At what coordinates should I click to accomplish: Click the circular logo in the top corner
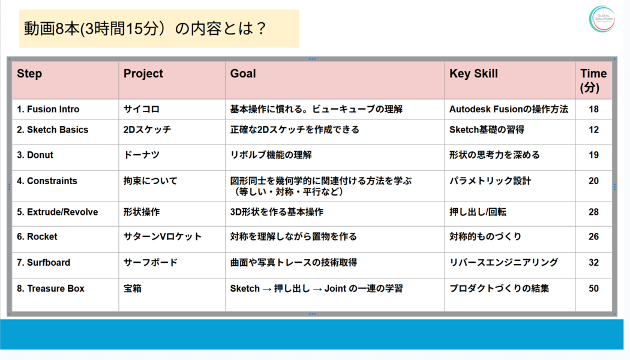(x=602, y=19)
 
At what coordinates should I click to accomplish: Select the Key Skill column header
(x=473, y=74)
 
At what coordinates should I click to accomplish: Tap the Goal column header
(x=242, y=74)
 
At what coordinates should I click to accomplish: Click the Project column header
(x=143, y=74)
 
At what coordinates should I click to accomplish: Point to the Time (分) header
(x=593, y=80)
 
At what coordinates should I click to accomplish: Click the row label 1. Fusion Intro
(x=48, y=109)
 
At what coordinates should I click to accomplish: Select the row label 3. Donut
(x=35, y=155)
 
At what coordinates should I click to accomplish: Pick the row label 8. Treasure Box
(x=50, y=289)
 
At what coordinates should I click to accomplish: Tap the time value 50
(x=593, y=289)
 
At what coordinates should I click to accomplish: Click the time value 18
(x=593, y=109)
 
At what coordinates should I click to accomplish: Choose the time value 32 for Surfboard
(x=593, y=262)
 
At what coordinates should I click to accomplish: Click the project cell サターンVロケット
(x=163, y=236)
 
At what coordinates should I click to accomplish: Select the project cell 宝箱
(x=132, y=289)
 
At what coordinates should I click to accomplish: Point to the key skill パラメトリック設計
(x=490, y=181)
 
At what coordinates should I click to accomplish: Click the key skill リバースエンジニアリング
(x=503, y=262)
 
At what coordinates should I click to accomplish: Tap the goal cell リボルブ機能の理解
(x=271, y=155)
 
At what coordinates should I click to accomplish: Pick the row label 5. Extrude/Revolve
(x=58, y=212)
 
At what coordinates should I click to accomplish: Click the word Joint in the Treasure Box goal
(x=335, y=289)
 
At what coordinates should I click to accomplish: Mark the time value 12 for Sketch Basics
(x=593, y=130)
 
